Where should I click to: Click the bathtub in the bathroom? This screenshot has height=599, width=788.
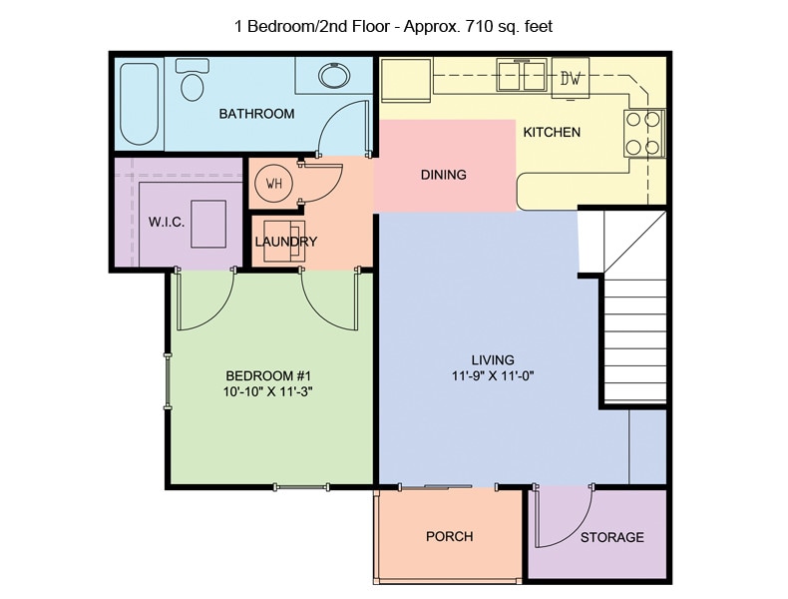click(138, 103)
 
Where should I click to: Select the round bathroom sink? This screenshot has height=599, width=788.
click(332, 77)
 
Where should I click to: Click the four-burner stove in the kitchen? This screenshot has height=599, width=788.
click(642, 134)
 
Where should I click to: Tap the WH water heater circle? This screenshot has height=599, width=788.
click(273, 184)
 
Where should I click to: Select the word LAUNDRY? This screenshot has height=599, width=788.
click(286, 242)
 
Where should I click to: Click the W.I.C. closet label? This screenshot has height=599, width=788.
click(167, 222)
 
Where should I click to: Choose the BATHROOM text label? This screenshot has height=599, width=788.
click(256, 114)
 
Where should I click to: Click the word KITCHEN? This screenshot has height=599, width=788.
click(552, 132)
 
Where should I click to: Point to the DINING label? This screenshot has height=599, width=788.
click(443, 175)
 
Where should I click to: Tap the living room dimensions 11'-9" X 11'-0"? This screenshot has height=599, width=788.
click(493, 376)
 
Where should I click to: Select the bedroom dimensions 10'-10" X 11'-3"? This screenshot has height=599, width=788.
click(269, 392)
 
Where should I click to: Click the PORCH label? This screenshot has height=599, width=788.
click(449, 536)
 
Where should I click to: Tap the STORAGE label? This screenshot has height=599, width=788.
click(611, 537)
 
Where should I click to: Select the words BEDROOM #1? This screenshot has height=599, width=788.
click(269, 375)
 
